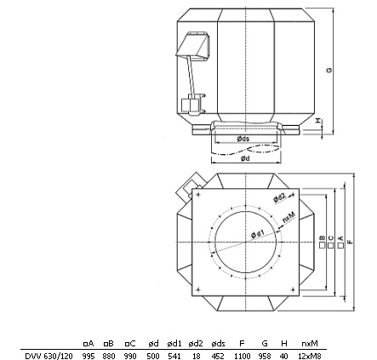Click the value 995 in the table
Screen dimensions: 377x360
[x=89, y=356]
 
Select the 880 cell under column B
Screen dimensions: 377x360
[x=109, y=356]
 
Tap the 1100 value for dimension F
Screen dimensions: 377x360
[x=243, y=356]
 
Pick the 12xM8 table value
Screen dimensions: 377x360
[x=310, y=356]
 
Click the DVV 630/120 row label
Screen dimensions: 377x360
[x=49, y=356]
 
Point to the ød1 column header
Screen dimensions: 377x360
[x=174, y=344]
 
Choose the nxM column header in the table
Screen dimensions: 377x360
[x=310, y=344]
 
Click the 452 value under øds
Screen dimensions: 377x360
[x=218, y=356]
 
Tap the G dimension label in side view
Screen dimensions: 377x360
[x=329, y=70]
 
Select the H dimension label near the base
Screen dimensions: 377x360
[x=319, y=121]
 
